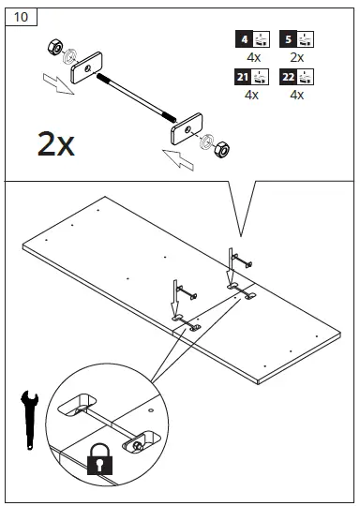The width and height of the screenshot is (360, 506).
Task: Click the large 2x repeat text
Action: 55,144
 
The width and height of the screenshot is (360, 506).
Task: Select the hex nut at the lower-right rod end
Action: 225,148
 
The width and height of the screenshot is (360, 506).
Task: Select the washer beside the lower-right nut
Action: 207,141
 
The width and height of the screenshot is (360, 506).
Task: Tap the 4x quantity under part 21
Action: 250,95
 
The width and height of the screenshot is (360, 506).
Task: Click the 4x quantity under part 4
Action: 250,57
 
